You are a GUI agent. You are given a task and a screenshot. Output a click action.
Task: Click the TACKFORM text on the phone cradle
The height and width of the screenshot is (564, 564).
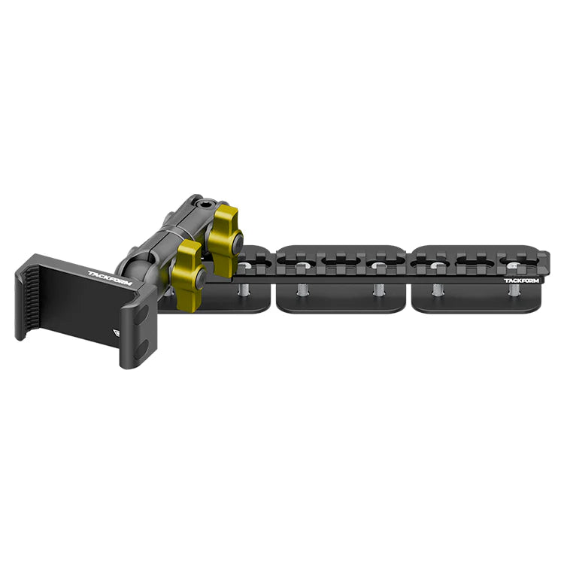click(x=109, y=278)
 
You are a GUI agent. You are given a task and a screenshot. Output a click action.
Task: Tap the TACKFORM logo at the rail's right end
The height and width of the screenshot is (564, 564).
click(x=521, y=280)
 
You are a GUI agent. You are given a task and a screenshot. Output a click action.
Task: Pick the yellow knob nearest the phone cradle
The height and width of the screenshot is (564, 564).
click(x=187, y=274)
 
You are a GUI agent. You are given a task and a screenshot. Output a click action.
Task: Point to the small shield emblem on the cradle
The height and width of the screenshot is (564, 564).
click(x=117, y=332)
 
